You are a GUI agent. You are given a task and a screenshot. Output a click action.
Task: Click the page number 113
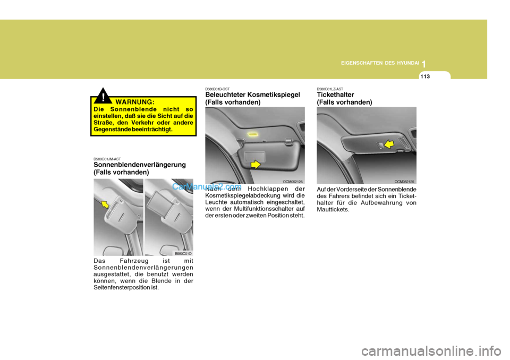(x=426, y=76)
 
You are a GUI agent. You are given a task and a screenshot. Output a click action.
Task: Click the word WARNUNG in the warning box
(x=134, y=101)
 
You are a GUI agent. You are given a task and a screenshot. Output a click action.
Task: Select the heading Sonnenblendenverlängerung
(x=139, y=165)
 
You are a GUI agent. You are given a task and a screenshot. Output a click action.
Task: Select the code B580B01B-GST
(x=217, y=89)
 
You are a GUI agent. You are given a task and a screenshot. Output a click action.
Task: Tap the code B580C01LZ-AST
(x=329, y=89)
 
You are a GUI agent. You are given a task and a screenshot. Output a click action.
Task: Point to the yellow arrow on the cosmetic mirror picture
(x=256, y=165)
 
